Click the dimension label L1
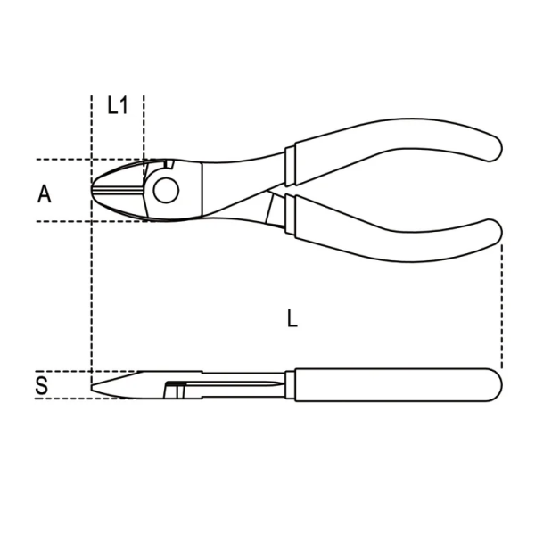[x=117, y=106]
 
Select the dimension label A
[x=45, y=193]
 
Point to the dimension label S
[x=42, y=385]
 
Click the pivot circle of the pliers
[x=165, y=189]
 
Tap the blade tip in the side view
[x=95, y=385]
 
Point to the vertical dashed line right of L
[x=502, y=303]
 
